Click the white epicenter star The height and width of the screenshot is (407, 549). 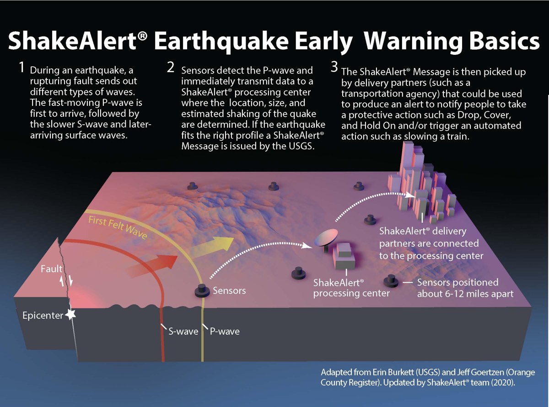click(x=70, y=315)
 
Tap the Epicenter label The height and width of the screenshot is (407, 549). click(x=43, y=316)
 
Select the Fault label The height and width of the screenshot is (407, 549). click(x=52, y=269)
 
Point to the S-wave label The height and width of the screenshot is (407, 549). click(x=183, y=331)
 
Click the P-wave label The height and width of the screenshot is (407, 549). click(x=225, y=331)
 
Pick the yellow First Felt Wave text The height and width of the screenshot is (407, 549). click(x=118, y=227)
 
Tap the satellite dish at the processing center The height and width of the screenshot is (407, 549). click(x=326, y=238)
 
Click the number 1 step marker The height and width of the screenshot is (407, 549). click(x=22, y=67)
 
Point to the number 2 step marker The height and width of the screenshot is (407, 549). click(x=171, y=67)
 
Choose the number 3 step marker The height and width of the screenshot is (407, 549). click(x=334, y=67)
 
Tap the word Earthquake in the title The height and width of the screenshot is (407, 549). click(x=221, y=42)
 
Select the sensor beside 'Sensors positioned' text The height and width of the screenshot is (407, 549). click(x=391, y=281)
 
